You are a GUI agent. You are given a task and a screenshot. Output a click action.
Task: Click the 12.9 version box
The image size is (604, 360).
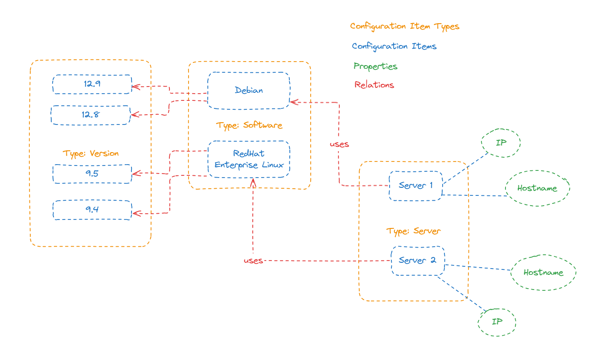(92, 84)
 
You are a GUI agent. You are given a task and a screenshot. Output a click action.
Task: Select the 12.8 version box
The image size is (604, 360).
(90, 115)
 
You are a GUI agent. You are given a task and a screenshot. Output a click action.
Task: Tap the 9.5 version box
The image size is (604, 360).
(92, 174)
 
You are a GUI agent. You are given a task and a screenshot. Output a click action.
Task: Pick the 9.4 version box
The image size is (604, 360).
(92, 210)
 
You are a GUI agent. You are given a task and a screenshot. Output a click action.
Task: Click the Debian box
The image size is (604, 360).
(249, 91)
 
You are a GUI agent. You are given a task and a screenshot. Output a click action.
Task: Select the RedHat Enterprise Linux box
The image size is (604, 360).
(249, 159)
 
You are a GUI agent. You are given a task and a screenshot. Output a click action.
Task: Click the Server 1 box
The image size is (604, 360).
(415, 186)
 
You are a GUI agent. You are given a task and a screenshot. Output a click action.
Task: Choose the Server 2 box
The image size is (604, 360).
(418, 261)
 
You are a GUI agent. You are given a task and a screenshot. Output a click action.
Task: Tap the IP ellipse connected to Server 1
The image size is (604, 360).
(501, 143)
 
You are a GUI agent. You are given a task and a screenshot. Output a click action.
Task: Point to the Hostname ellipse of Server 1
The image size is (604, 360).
(538, 188)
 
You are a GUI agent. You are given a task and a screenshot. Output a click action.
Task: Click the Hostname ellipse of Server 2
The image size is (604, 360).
(543, 273)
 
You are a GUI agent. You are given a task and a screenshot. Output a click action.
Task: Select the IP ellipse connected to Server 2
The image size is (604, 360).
(497, 322)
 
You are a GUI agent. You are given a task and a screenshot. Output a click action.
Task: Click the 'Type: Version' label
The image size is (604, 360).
(91, 153)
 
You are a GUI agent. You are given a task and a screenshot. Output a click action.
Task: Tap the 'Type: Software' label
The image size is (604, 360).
(249, 125)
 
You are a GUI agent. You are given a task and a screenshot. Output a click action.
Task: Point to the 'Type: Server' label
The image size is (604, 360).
(414, 231)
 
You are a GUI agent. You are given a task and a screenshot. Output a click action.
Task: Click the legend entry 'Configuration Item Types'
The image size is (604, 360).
(404, 26)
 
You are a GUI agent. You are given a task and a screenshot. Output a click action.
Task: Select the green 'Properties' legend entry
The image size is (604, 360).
(375, 66)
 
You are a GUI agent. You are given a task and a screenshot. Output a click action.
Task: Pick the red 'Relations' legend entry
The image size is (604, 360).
(374, 85)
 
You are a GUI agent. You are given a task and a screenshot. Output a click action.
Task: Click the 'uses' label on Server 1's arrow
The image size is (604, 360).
(339, 145)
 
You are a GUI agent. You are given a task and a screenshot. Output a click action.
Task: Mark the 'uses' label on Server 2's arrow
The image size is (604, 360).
(253, 261)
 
